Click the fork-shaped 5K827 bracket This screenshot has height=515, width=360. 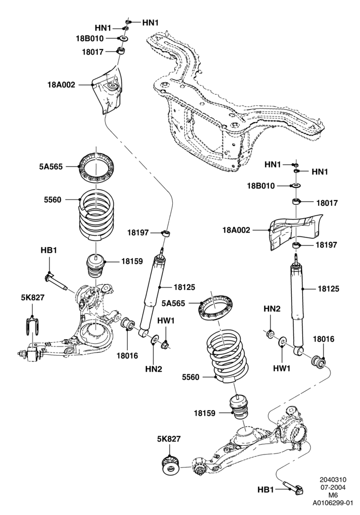click(x=32, y=325)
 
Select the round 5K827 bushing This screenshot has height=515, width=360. click(x=171, y=464)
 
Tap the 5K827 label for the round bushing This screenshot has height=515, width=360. click(x=170, y=439)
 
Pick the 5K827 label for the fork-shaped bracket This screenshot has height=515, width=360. click(x=33, y=297)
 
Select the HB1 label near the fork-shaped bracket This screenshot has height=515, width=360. click(x=49, y=250)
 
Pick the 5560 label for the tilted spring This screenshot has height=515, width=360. click(x=190, y=377)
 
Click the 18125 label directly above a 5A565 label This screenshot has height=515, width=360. click(x=184, y=287)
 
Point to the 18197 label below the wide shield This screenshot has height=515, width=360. click(x=326, y=245)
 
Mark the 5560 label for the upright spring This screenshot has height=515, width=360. click(x=53, y=200)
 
